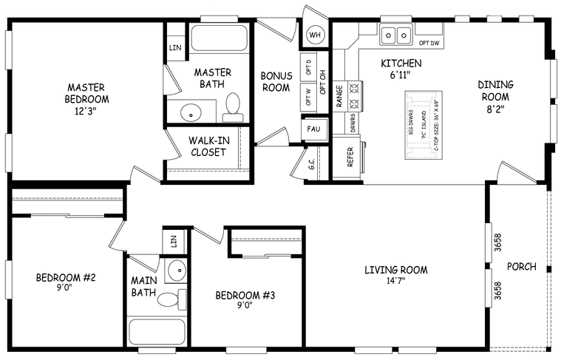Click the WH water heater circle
[x=316, y=35]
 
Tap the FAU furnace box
[x=312, y=129]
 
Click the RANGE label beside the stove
[x=339, y=96]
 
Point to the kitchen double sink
[x=397, y=34]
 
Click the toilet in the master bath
[x=233, y=106]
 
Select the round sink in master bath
[x=191, y=113]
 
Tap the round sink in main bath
[x=177, y=271]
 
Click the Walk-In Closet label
[x=208, y=146]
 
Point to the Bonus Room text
[x=276, y=81]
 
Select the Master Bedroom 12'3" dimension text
[x=87, y=112]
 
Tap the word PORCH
[x=521, y=267]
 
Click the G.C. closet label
[x=312, y=166]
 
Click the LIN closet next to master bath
[x=175, y=47]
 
